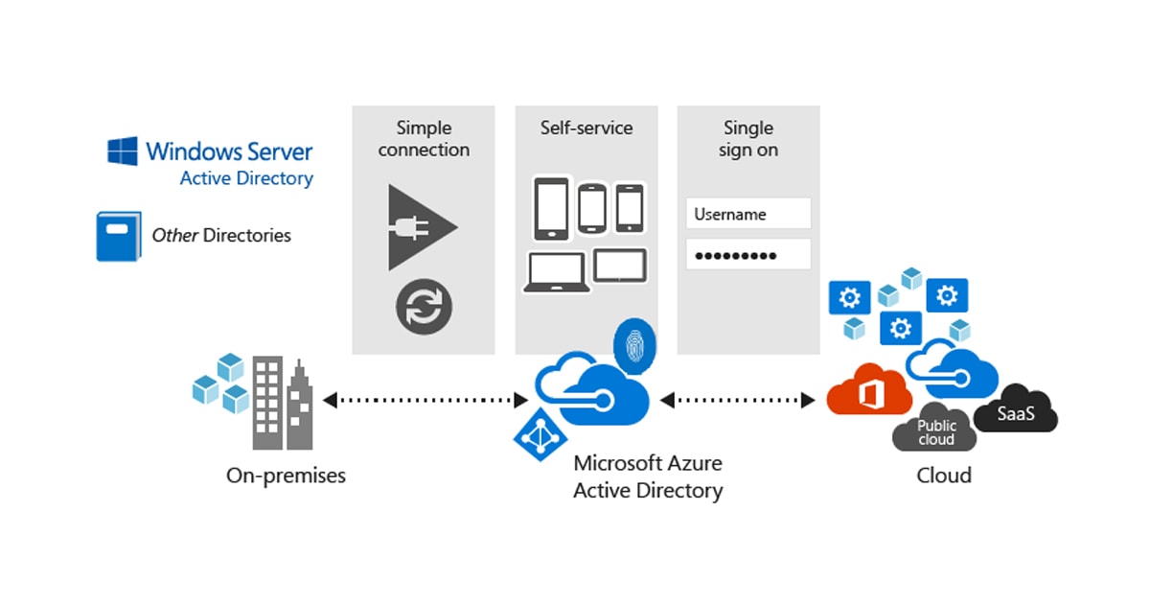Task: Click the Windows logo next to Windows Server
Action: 122,151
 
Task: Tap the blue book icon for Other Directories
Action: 118,236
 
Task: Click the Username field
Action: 748,214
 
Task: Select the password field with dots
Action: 748,254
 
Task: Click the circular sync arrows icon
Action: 424,307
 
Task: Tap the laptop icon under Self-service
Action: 554,272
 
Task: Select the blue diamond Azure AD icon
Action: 540,433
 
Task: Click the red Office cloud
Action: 868,389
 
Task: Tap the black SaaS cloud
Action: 1015,414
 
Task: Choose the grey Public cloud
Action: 934,433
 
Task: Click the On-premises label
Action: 286,476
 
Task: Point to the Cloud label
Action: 943,476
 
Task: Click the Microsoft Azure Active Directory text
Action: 647,476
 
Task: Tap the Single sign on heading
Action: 747,139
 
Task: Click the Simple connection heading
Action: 424,139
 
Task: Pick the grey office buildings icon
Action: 282,403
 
